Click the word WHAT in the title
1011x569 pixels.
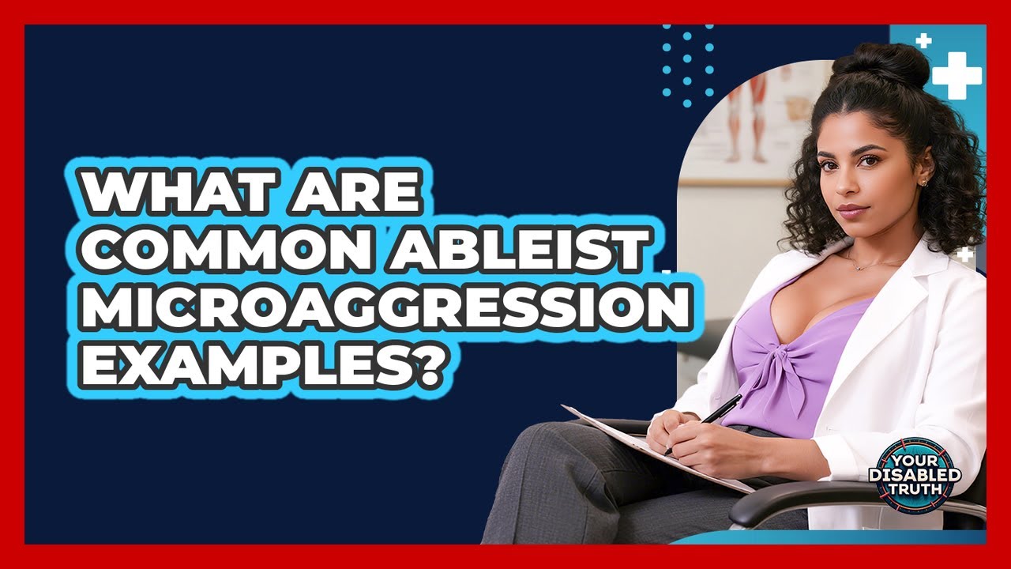(163, 192)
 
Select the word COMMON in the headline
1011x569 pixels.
(198, 251)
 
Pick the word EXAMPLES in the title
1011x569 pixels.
(240, 365)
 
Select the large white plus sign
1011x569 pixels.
(957, 76)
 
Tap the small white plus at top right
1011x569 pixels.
(923, 40)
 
